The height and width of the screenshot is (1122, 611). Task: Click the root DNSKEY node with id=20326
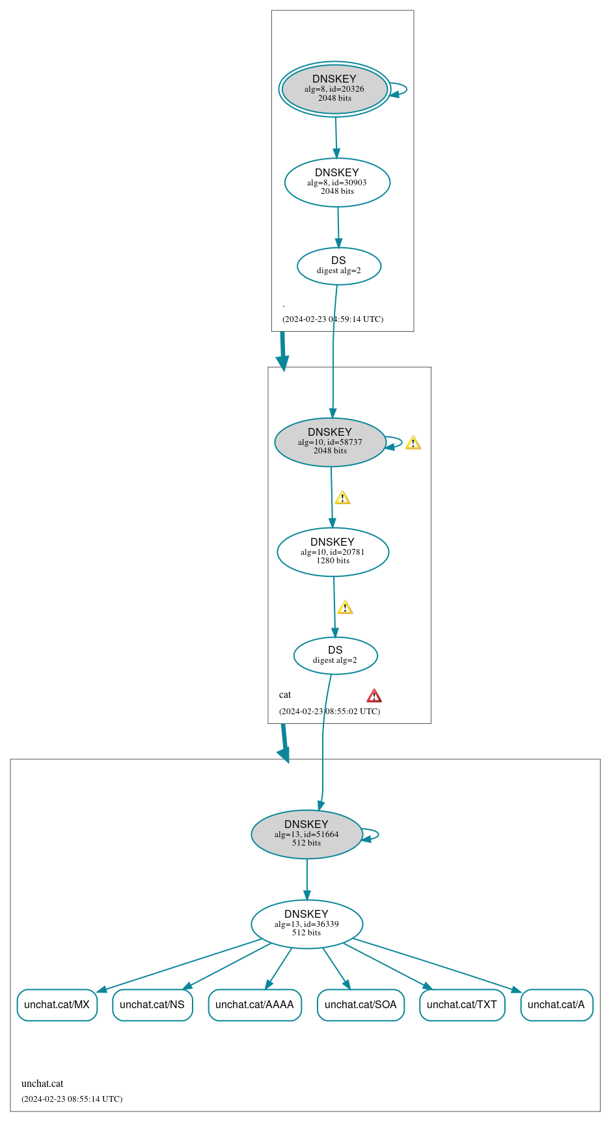point(334,89)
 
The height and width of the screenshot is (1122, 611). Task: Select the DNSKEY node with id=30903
point(337,182)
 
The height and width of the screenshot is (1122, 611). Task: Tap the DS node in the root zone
point(338,266)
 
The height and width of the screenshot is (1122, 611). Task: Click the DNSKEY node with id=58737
point(330,442)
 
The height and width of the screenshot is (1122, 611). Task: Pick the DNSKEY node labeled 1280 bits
point(333,552)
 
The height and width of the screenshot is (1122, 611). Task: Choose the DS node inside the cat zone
point(335,655)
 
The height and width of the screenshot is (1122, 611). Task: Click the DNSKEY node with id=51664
point(306,834)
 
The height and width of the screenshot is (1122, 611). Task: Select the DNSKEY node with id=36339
point(306,924)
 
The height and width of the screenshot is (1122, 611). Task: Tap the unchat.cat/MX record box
point(57,1005)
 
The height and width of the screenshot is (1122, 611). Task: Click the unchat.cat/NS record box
point(152,1005)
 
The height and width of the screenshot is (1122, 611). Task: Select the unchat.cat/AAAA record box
point(254,1005)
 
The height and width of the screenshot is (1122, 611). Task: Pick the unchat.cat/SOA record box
point(360,1005)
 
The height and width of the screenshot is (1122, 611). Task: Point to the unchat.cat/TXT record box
point(462,1005)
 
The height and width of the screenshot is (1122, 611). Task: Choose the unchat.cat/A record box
point(556,1005)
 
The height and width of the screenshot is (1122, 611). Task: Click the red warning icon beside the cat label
point(374,696)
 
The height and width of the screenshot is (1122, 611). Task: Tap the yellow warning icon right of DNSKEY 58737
point(413,444)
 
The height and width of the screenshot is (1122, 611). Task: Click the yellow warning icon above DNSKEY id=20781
point(342,498)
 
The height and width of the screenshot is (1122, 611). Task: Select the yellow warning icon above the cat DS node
point(345,608)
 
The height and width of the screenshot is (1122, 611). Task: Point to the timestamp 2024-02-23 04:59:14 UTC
point(333,319)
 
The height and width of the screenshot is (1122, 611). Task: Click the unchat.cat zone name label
point(42,1084)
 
